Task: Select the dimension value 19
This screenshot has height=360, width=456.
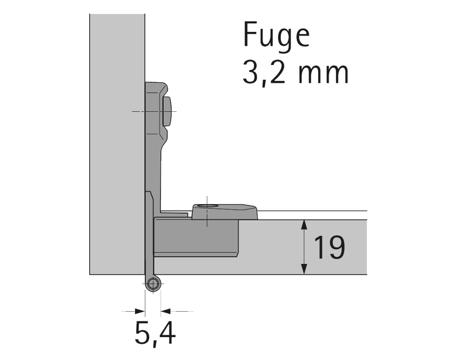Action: click(x=329, y=248)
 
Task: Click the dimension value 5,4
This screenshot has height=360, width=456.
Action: click(x=155, y=335)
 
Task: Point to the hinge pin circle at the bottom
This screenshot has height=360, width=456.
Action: click(x=153, y=284)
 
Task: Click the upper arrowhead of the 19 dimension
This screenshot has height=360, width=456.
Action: click(x=304, y=224)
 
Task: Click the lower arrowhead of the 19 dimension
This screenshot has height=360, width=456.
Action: click(x=304, y=271)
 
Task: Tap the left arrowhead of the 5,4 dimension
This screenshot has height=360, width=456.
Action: click(x=142, y=311)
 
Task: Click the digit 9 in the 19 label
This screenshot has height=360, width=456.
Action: click(x=337, y=248)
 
